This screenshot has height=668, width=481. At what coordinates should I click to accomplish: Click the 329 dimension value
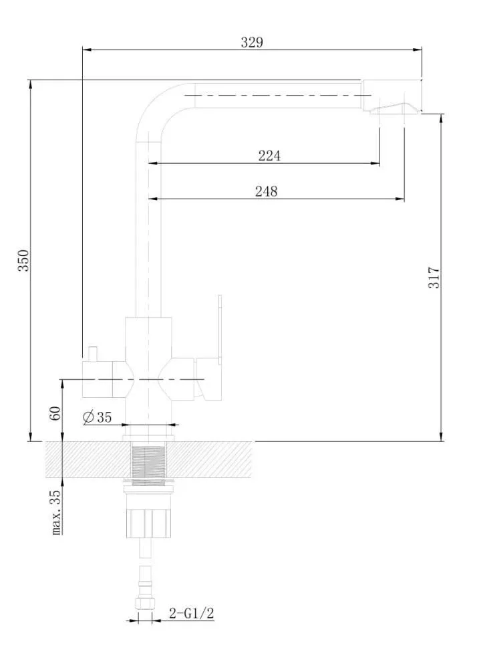click(252, 42)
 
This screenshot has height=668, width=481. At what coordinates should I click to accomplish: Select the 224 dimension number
click(269, 156)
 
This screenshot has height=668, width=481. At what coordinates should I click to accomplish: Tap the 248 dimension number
click(267, 191)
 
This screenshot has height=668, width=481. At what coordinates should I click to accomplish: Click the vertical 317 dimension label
click(434, 277)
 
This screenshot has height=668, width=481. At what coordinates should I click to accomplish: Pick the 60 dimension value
click(55, 413)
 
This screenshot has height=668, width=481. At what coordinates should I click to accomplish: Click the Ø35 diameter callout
click(97, 417)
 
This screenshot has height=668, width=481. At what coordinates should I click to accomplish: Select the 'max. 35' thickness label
click(55, 512)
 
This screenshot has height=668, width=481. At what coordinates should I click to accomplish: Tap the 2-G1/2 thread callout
click(192, 613)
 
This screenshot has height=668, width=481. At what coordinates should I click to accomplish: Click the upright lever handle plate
click(220, 329)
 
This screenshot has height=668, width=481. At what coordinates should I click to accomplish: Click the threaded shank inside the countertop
click(148, 460)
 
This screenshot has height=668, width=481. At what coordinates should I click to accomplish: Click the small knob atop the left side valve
click(92, 354)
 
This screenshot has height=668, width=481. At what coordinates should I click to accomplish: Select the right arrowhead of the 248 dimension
click(399, 199)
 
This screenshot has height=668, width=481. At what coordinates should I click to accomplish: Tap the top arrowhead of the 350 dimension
click(30, 85)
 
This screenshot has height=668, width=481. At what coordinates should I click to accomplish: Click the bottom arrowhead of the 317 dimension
click(442, 436)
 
